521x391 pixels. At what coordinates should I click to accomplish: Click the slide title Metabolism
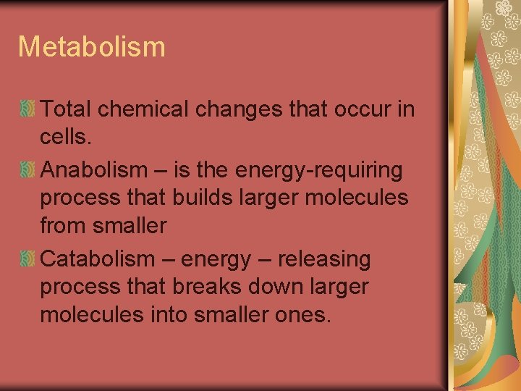(x=92, y=46)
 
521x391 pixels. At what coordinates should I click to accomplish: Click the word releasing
(x=324, y=258)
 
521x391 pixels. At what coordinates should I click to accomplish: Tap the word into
(x=172, y=315)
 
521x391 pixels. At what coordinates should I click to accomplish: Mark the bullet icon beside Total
(x=27, y=110)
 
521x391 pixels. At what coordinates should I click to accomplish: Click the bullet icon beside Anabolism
(x=27, y=170)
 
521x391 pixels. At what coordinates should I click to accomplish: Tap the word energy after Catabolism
(x=218, y=258)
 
